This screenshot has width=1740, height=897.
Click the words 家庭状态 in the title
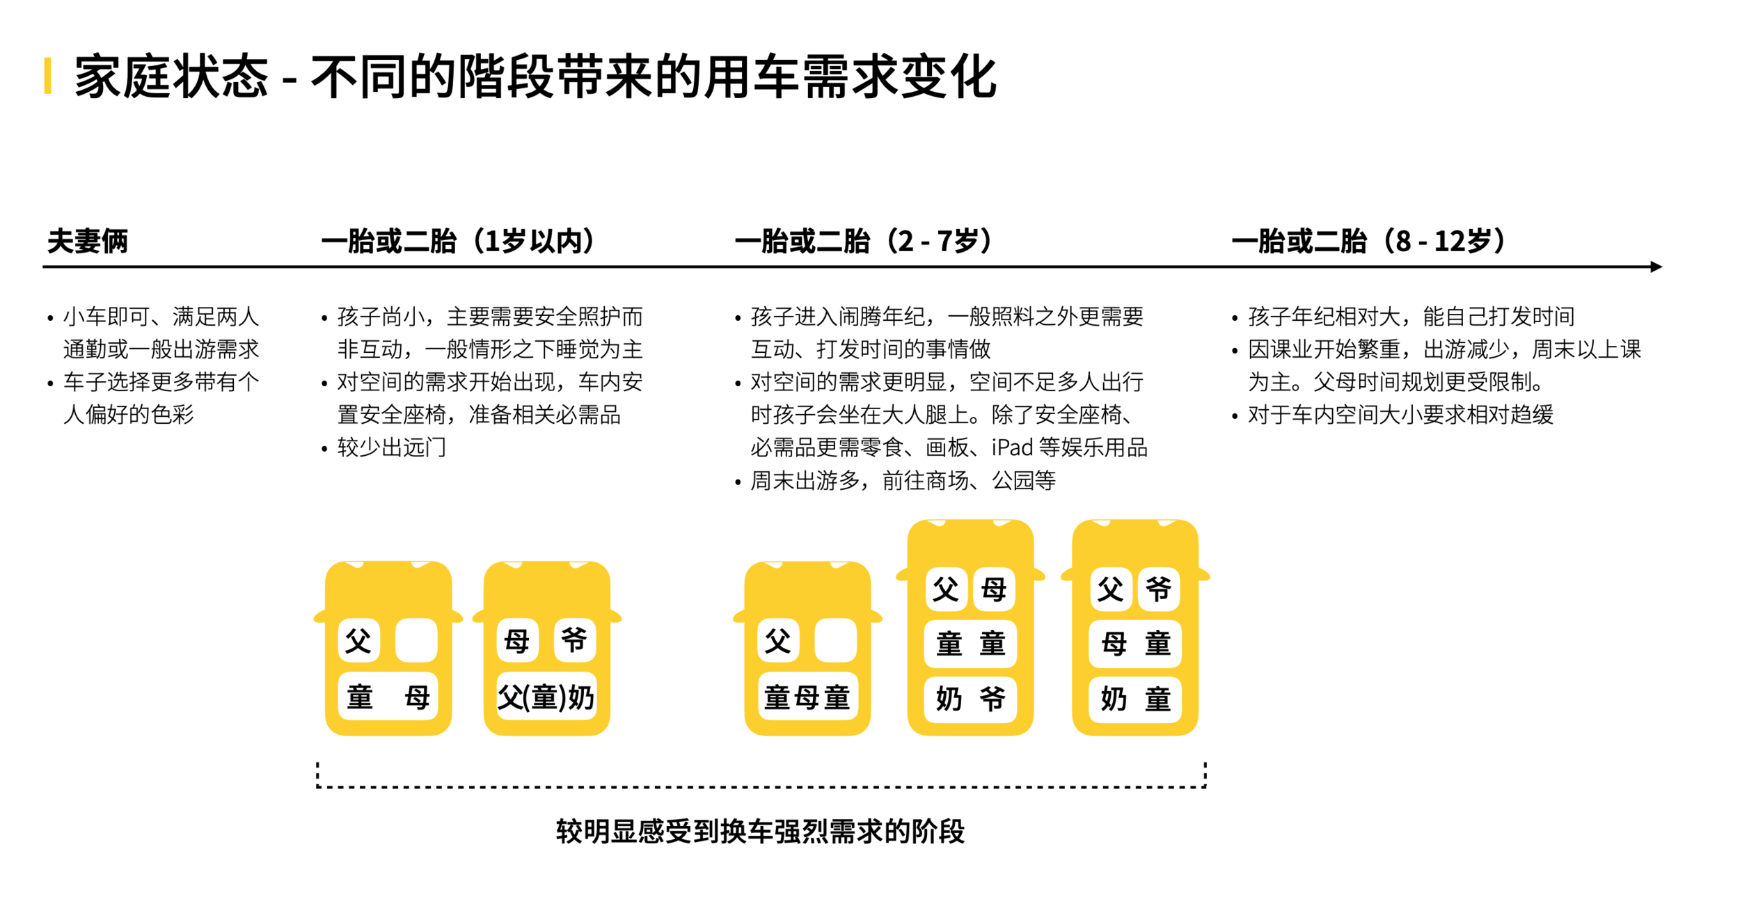pos(171,77)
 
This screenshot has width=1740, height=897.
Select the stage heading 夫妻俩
pos(88,241)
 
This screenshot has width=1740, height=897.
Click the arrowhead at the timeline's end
pos(1656,267)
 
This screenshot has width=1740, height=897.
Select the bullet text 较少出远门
pos(391,447)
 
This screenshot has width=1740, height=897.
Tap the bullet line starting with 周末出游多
pos(902,480)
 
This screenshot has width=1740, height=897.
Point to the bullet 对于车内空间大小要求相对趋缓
pos(1400,415)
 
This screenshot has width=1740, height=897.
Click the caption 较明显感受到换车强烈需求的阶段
pos(760,831)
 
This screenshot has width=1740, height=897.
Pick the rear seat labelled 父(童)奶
pos(546,697)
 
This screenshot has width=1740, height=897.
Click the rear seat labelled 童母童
pos(807,697)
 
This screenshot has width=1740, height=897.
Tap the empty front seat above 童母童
pos(835,640)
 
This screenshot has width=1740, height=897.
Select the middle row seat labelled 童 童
pos(970,644)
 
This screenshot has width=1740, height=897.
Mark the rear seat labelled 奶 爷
pos(970,699)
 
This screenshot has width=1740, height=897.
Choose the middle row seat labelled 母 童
pos(1135,644)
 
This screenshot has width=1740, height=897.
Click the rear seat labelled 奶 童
pos(1135,699)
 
